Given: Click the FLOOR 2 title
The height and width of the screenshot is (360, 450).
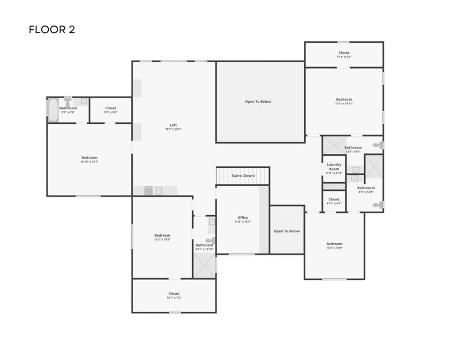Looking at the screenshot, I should (x=52, y=30).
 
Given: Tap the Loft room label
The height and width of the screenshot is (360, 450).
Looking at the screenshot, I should (x=173, y=125).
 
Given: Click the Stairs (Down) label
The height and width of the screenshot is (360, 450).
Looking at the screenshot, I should (x=243, y=176).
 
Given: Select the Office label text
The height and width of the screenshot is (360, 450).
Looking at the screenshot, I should (x=243, y=217).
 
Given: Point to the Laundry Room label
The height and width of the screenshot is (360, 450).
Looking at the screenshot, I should (x=334, y=166).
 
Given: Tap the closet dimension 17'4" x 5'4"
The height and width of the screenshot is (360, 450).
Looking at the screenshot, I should (x=344, y=57).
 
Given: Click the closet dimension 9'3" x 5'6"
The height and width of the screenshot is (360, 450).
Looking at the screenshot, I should (x=111, y=112).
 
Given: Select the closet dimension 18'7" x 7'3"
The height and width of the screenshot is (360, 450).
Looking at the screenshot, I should (x=174, y=298).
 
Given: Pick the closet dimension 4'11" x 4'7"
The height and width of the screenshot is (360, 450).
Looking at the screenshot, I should (x=334, y=203).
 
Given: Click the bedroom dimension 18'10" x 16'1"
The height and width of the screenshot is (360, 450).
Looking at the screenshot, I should (x=89, y=162).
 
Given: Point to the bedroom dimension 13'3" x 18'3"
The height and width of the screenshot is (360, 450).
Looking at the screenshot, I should (x=162, y=240).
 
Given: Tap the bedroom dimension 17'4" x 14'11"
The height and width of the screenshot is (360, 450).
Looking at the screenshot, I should (x=344, y=103).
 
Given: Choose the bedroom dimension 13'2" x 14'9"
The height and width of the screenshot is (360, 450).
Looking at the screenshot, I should (x=334, y=248).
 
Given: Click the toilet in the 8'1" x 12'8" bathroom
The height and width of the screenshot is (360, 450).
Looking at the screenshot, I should (x=378, y=205).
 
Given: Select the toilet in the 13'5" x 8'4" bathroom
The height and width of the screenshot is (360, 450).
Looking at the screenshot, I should (x=378, y=145).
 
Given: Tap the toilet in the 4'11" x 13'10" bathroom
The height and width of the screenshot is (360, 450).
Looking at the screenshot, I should (x=210, y=240).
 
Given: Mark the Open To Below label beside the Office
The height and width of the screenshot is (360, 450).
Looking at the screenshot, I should (x=287, y=231).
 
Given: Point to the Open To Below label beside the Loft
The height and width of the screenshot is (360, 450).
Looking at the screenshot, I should (x=258, y=102).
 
